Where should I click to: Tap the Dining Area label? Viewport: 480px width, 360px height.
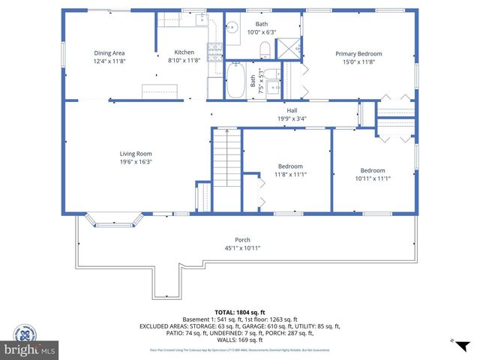tap(109, 52)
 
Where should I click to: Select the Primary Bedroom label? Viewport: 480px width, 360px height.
tap(358, 53)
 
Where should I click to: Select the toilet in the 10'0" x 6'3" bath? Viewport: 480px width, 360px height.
tap(264, 50)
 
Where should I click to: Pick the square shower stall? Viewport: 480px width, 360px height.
tap(288, 49)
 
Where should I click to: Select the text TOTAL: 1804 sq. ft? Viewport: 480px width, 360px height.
tap(239, 310)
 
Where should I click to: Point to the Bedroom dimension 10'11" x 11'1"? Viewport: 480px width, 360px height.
tap(372, 178)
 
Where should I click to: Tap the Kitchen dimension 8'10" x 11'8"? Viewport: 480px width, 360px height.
tap(184, 61)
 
